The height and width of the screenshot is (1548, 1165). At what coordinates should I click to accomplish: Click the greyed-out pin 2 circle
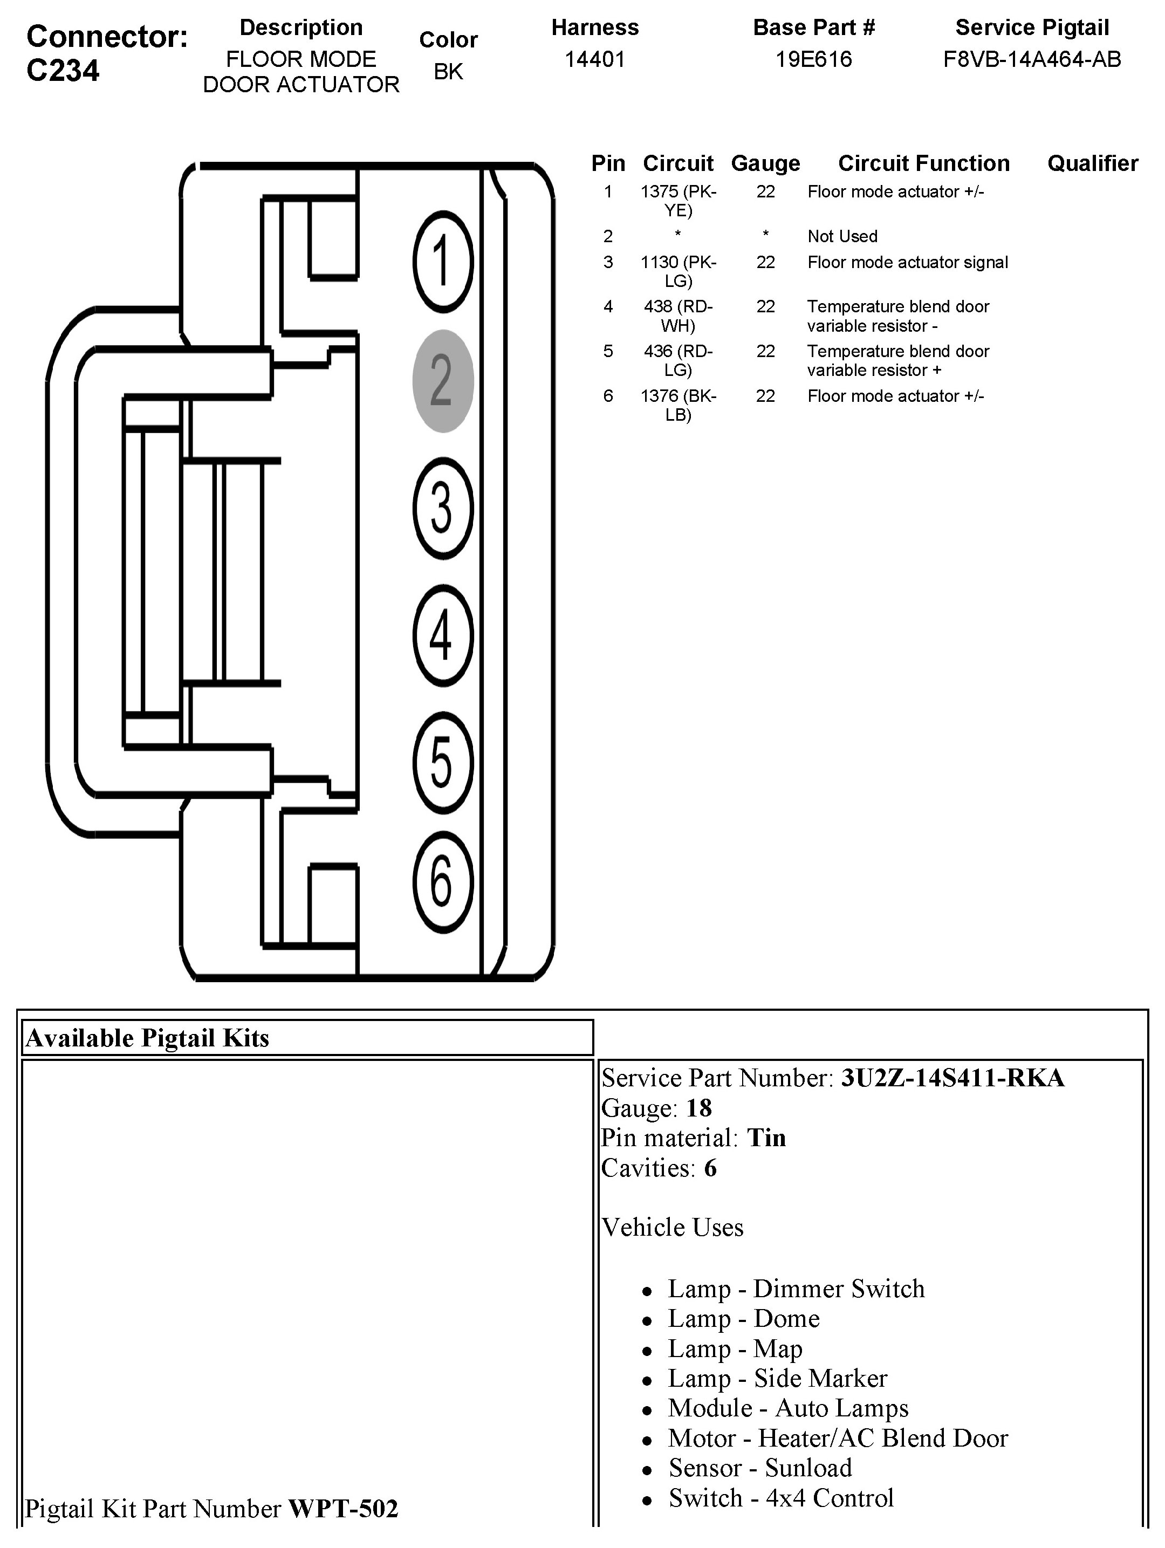[x=443, y=381]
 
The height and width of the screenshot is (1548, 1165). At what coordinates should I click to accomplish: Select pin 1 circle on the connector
[x=443, y=262]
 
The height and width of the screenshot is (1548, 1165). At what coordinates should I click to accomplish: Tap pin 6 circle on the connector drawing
[x=443, y=882]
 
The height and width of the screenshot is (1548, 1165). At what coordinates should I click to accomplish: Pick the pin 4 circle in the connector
[x=443, y=635]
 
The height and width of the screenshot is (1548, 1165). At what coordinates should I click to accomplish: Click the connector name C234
[x=63, y=71]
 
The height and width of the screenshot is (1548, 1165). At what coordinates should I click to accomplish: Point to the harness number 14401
[x=595, y=59]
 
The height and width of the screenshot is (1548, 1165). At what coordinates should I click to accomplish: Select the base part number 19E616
[x=814, y=59]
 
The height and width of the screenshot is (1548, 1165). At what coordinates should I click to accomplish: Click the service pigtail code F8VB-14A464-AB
[x=1032, y=59]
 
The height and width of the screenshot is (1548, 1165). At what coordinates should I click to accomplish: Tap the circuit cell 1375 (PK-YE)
[x=678, y=201]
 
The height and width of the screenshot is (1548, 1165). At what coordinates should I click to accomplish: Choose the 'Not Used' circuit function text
[x=842, y=237]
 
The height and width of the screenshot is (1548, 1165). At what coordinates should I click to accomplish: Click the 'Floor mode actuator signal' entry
[x=908, y=263]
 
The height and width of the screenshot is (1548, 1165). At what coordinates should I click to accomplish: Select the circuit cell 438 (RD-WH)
[x=678, y=316]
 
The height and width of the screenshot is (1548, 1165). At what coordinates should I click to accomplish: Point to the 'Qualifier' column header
[x=1092, y=163]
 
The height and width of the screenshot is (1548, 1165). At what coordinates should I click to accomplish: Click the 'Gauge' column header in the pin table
[x=765, y=163]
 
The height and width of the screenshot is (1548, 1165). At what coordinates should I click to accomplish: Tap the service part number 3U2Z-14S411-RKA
[x=952, y=1078]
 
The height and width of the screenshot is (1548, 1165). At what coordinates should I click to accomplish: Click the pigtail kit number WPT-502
[x=343, y=1509]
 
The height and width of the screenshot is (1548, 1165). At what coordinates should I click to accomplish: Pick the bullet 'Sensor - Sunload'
[x=760, y=1468]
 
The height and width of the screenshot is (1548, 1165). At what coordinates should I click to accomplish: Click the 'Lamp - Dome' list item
[x=743, y=1318]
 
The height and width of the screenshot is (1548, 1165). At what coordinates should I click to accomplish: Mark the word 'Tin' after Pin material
[x=766, y=1138]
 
